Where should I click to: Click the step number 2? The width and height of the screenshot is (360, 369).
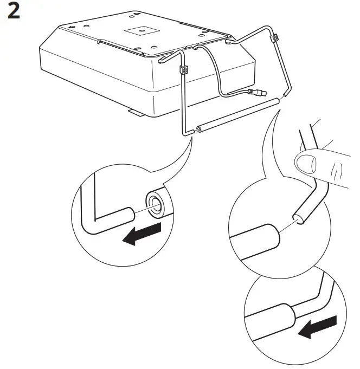[x=13, y=12]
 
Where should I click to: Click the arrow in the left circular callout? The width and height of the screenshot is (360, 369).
[x=143, y=234]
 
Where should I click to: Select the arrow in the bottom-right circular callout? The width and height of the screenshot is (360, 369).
[x=316, y=327]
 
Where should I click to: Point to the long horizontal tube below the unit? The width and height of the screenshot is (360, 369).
[x=239, y=115]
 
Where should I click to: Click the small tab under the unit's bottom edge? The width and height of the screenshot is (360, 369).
[x=136, y=113]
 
